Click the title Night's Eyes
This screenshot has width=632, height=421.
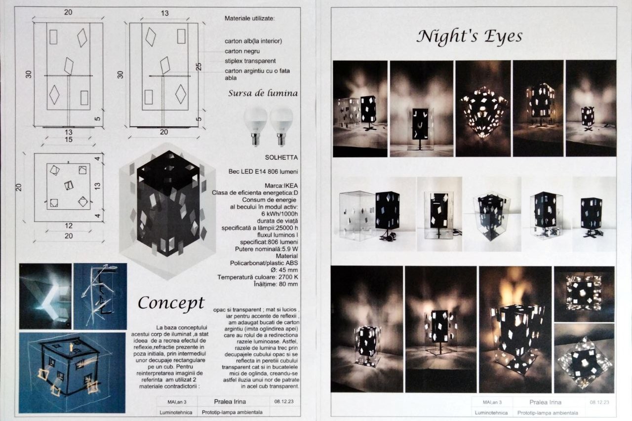(x=469, y=37)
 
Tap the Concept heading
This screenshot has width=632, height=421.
(x=171, y=303)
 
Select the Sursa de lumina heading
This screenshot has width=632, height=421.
(x=263, y=93)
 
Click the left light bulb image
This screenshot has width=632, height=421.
(x=255, y=126)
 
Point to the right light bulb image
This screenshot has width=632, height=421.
(x=281, y=126)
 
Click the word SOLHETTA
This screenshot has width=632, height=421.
(x=281, y=157)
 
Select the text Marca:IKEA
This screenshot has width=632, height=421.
(x=281, y=186)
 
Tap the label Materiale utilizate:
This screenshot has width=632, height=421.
(x=249, y=19)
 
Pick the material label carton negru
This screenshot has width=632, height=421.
(x=242, y=51)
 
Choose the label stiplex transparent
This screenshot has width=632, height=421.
(x=250, y=61)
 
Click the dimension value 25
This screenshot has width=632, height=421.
(x=199, y=67)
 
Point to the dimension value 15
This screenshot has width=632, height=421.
(x=69, y=140)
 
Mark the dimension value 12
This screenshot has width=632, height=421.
(x=69, y=226)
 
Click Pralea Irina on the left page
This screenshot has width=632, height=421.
(x=230, y=402)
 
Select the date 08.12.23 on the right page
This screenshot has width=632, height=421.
(x=599, y=402)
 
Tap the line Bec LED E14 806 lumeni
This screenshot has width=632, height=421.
(x=263, y=172)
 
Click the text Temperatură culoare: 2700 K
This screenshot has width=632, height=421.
(x=258, y=277)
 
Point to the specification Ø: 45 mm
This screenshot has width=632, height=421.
(x=284, y=270)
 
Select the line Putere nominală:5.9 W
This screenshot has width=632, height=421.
(x=266, y=249)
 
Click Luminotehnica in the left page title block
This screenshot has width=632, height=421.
(x=176, y=413)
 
